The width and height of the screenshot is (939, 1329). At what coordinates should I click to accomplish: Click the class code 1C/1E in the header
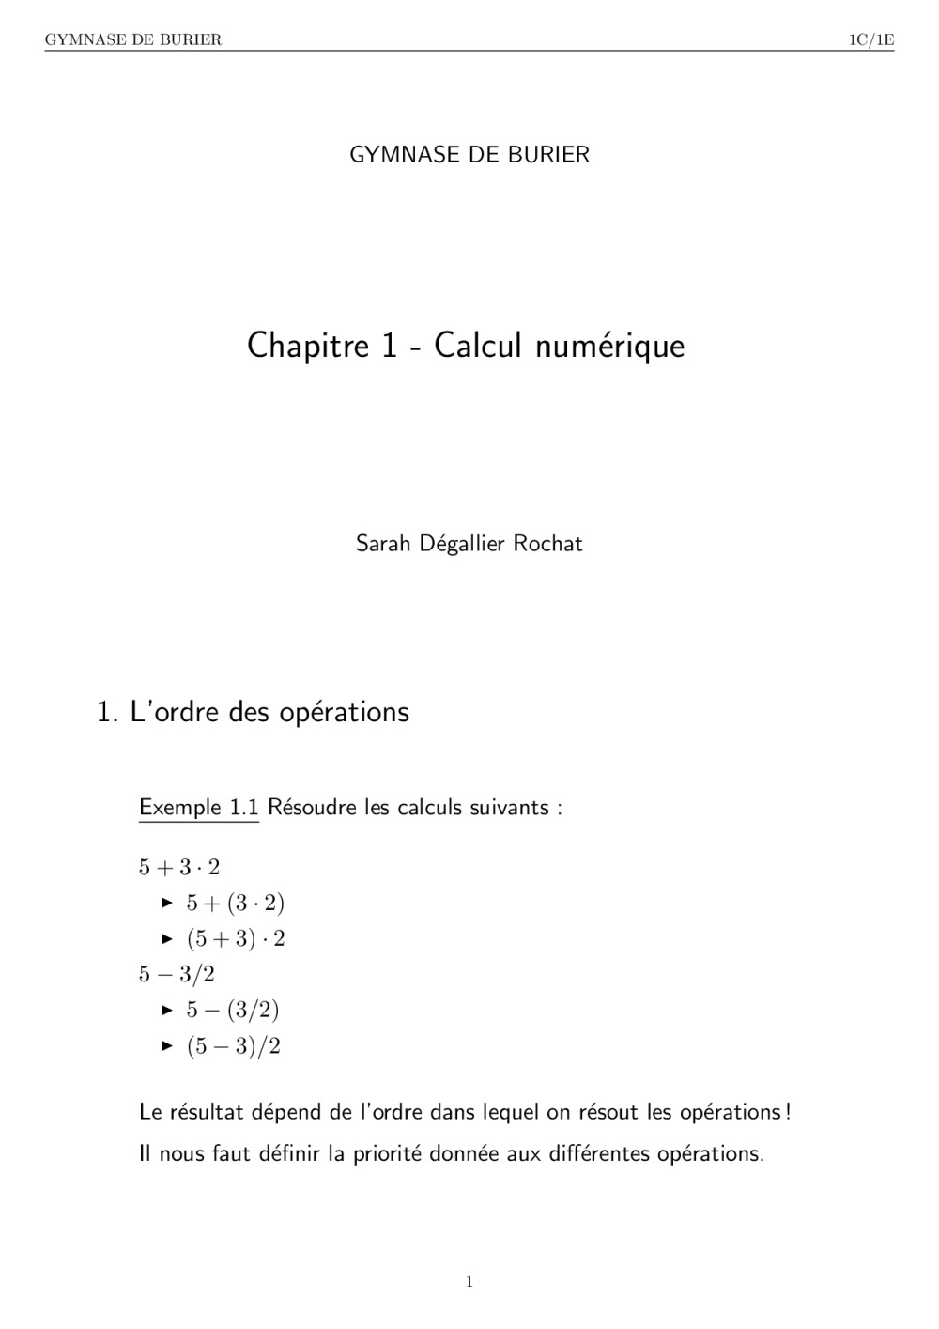click(870, 39)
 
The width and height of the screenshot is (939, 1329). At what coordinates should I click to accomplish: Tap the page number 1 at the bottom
click(469, 1282)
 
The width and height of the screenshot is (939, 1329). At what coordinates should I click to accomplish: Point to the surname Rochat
click(547, 544)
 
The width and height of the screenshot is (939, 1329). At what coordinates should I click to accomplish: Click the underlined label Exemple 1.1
click(198, 808)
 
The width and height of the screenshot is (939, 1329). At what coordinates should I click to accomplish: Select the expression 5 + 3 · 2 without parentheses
click(178, 867)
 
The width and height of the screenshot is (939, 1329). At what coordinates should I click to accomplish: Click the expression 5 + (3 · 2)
click(235, 903)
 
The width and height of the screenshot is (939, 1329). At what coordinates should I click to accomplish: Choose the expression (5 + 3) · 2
click(236, 938)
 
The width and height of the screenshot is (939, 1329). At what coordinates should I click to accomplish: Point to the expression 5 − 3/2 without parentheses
click(177, 974)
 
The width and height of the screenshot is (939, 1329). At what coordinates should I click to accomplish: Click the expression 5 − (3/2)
click(233, 1010)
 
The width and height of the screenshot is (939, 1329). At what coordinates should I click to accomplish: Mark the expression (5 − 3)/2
click(234, 1045)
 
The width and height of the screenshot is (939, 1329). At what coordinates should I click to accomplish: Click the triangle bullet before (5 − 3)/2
click(167, 1045)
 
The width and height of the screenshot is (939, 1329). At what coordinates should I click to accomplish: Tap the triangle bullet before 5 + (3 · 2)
click(167, 903)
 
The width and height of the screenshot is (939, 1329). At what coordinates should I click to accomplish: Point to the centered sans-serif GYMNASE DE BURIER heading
click(469, 155)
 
